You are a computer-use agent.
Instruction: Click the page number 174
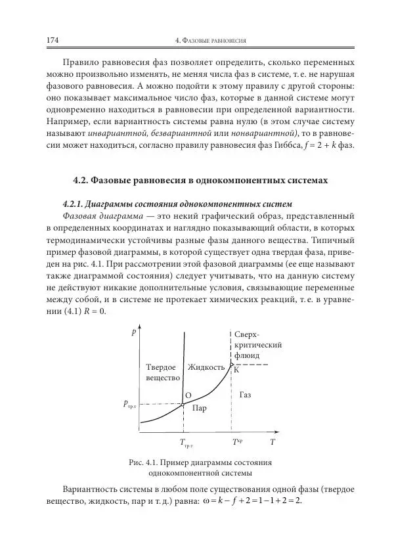(53, 41)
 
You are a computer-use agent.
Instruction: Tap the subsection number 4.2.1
(74, 203)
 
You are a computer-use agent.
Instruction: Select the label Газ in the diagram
(246, 395)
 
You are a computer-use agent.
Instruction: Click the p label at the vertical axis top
(134, 332)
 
